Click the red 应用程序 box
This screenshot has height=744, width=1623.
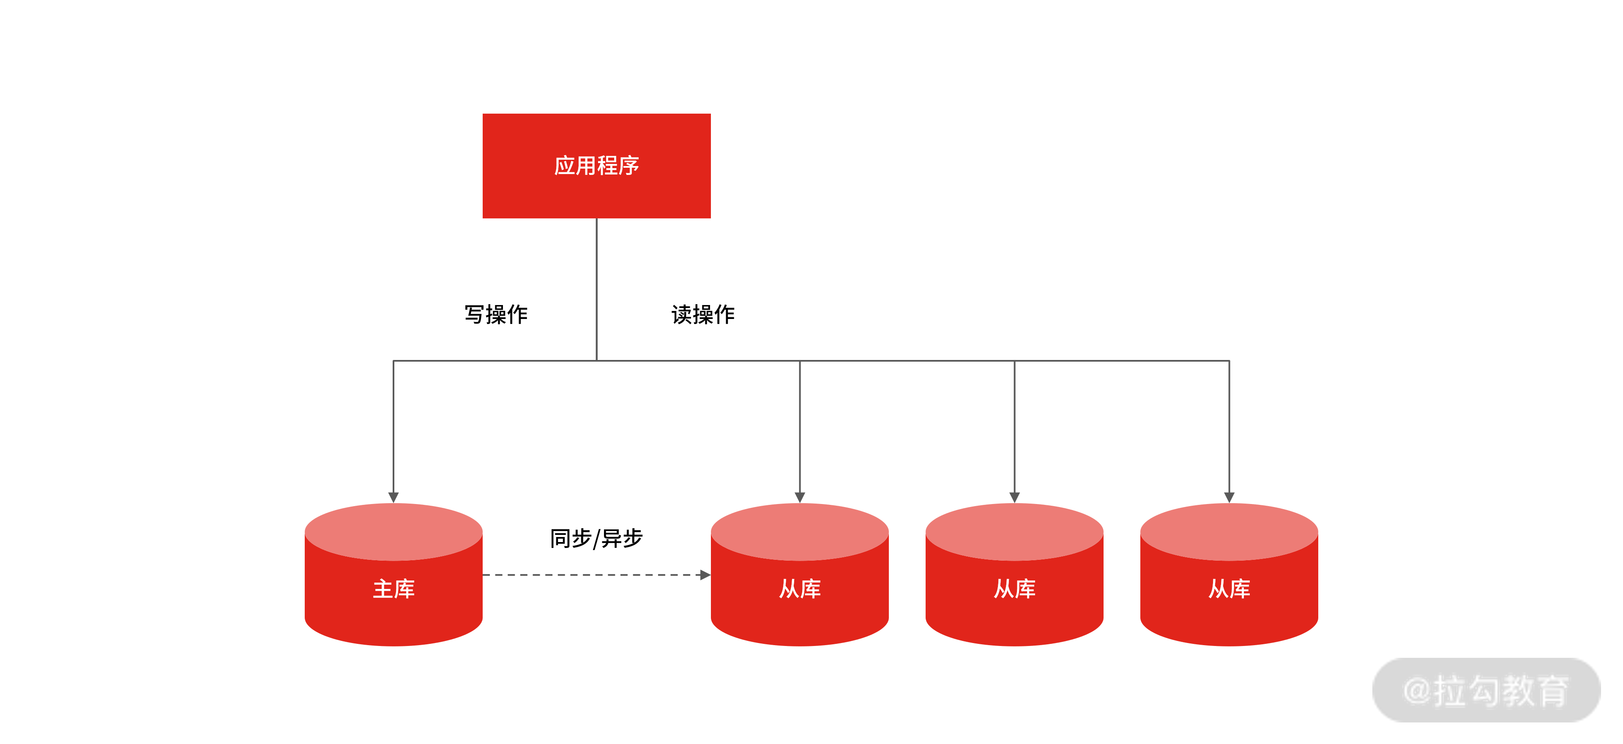coord(596,166)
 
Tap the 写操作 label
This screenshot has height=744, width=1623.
coord(496,314)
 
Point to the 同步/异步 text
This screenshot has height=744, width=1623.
coord(596,539)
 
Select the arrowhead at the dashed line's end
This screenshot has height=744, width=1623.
coord(705,575)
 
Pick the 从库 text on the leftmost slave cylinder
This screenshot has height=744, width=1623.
coord(800,589)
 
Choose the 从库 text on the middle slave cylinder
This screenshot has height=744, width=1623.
coord(1014,589)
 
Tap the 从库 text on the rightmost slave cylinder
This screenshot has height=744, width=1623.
coord(1229,589)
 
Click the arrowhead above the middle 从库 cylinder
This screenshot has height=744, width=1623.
coord(1014,497)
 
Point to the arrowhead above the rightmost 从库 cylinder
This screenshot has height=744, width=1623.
coord(1229,497)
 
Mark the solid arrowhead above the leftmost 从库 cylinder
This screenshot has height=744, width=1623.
coord(800,497)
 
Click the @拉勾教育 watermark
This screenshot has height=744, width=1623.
coord(1486,690)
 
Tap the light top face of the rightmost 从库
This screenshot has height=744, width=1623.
coord(1229,531)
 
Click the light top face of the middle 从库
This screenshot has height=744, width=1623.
coord(1014,531)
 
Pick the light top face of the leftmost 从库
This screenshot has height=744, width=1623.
coord(800,531)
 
